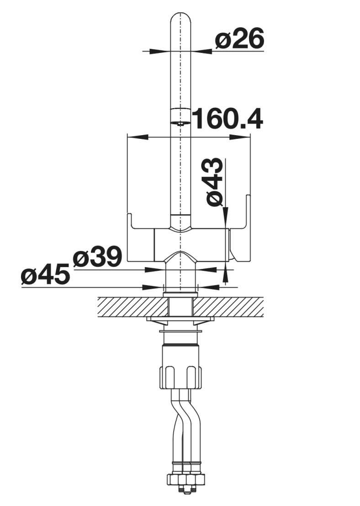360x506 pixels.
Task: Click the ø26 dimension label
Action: (239, 38)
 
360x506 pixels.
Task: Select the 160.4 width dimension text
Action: (228, 119)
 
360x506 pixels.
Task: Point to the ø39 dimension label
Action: (97, 257)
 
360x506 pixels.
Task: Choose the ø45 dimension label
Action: (46, 274)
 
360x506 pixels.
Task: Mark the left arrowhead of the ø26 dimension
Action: (159, 51)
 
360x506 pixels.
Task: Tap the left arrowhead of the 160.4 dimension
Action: (138, 137)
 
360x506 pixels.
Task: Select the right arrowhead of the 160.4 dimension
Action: (240, 137)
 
